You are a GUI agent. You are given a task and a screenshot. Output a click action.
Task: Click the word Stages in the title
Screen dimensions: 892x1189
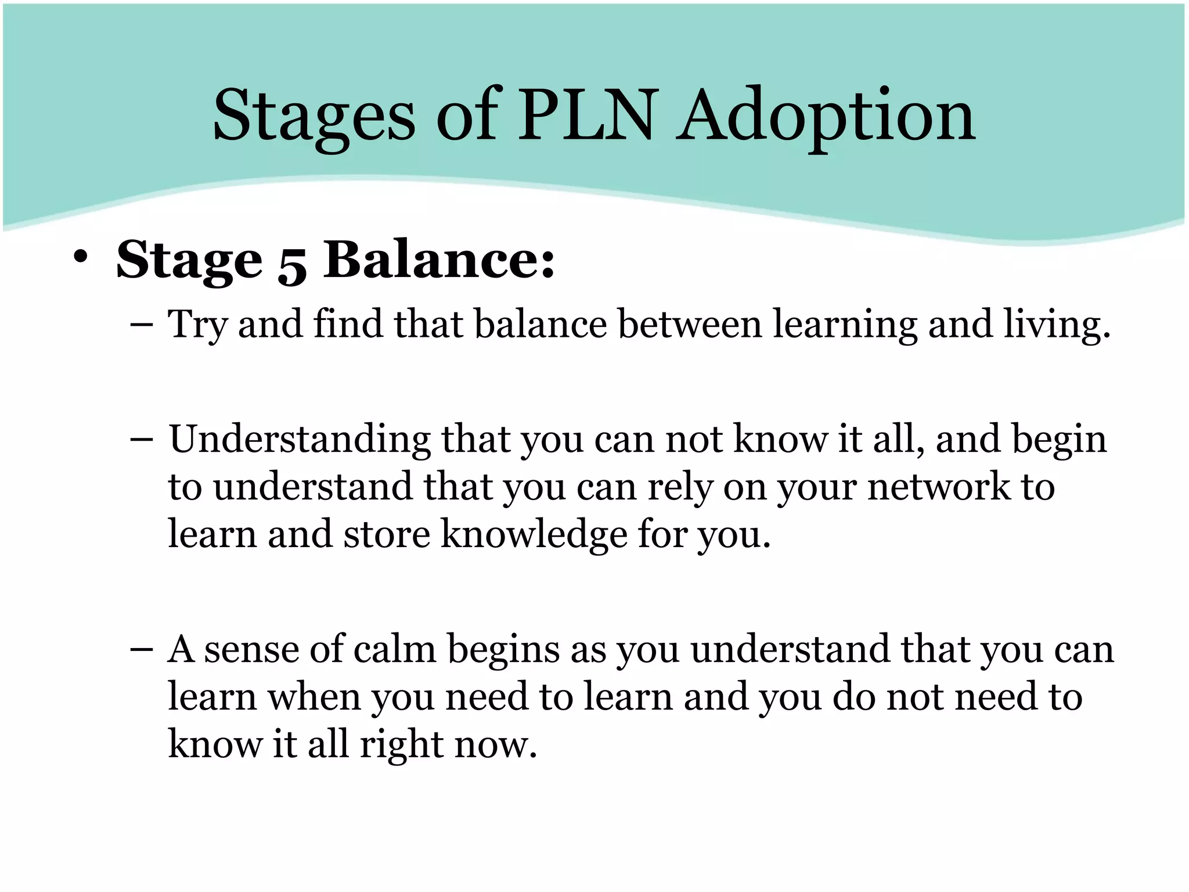[314, 116]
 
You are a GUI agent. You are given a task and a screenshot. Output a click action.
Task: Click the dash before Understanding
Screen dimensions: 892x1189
[142, 440]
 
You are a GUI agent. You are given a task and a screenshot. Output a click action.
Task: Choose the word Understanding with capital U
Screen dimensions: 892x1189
[300, 440]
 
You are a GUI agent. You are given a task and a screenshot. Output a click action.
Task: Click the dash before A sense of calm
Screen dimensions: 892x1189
[142, 650]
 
